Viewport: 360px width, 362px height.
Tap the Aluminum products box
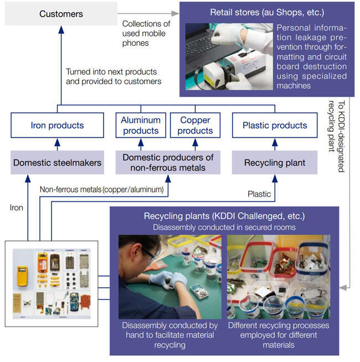click(141, 125)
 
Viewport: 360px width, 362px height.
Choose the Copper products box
click(195, 125)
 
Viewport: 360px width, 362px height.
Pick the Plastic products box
click(275, 126)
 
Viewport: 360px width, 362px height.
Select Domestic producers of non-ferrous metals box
click(168, 163)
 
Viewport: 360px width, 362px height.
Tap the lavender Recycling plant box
click(275, 163)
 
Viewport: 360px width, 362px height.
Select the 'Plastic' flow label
click(259, 194)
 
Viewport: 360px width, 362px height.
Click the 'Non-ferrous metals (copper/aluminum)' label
click(101, 189)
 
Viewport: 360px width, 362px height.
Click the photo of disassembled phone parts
click(52, 283)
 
